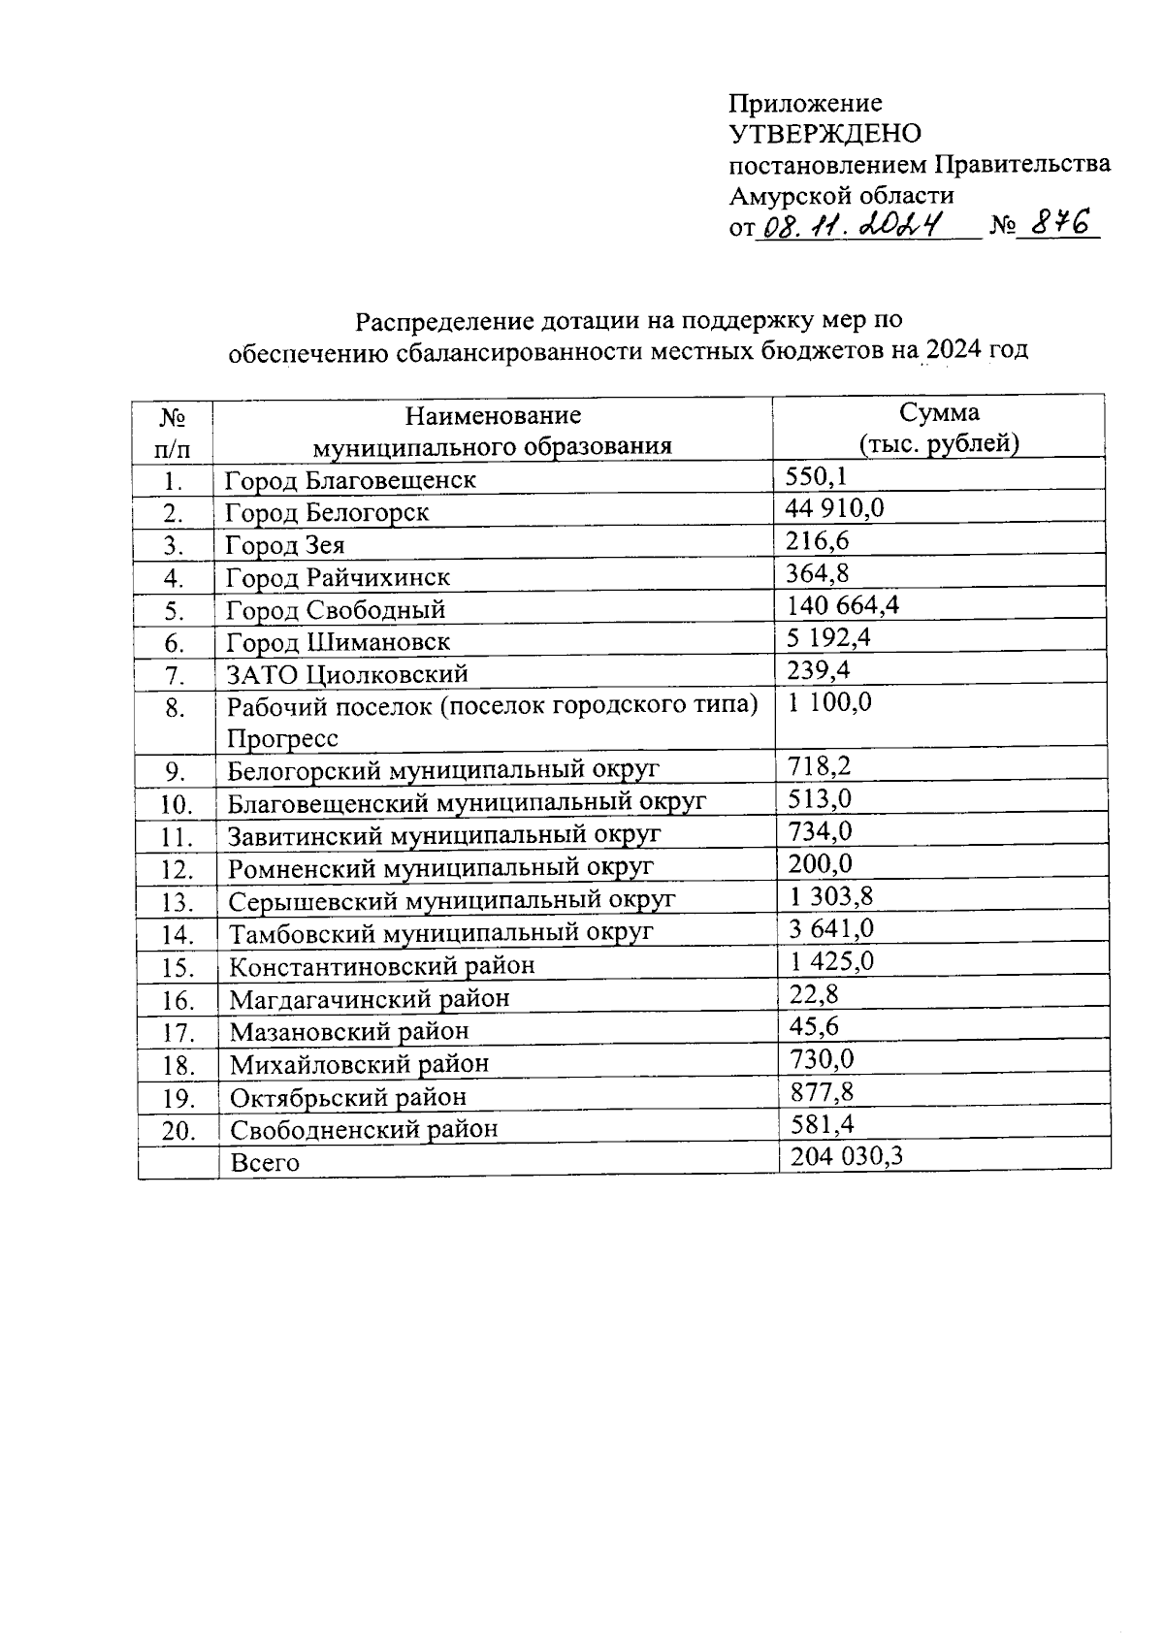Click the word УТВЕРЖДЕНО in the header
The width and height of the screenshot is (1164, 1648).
coord(824,133)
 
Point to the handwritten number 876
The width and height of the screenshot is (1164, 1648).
coord(1059,224)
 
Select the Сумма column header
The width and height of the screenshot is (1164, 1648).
coord(938,413)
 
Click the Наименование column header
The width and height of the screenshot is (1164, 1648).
coord(493,415)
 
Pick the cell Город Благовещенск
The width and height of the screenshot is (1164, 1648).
coord(350,480)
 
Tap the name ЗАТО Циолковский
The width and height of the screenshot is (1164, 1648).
coord(347,674)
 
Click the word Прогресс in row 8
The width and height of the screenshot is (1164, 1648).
coord(282,738)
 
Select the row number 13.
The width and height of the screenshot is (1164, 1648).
coord(178,902)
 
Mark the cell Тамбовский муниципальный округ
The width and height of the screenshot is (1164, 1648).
coord(440,933)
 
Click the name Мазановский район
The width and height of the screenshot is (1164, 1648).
coord(348,1031)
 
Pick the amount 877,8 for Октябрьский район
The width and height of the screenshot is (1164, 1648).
coord(822,1092)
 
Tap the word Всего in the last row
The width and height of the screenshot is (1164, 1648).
coord(265,1162)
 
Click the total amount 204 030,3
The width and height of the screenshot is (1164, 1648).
coord(847,1156)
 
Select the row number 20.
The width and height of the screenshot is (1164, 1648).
coord(178,1131)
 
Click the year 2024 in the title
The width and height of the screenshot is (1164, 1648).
coord(954,350)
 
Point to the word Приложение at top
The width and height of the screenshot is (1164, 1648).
coord(805,103)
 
